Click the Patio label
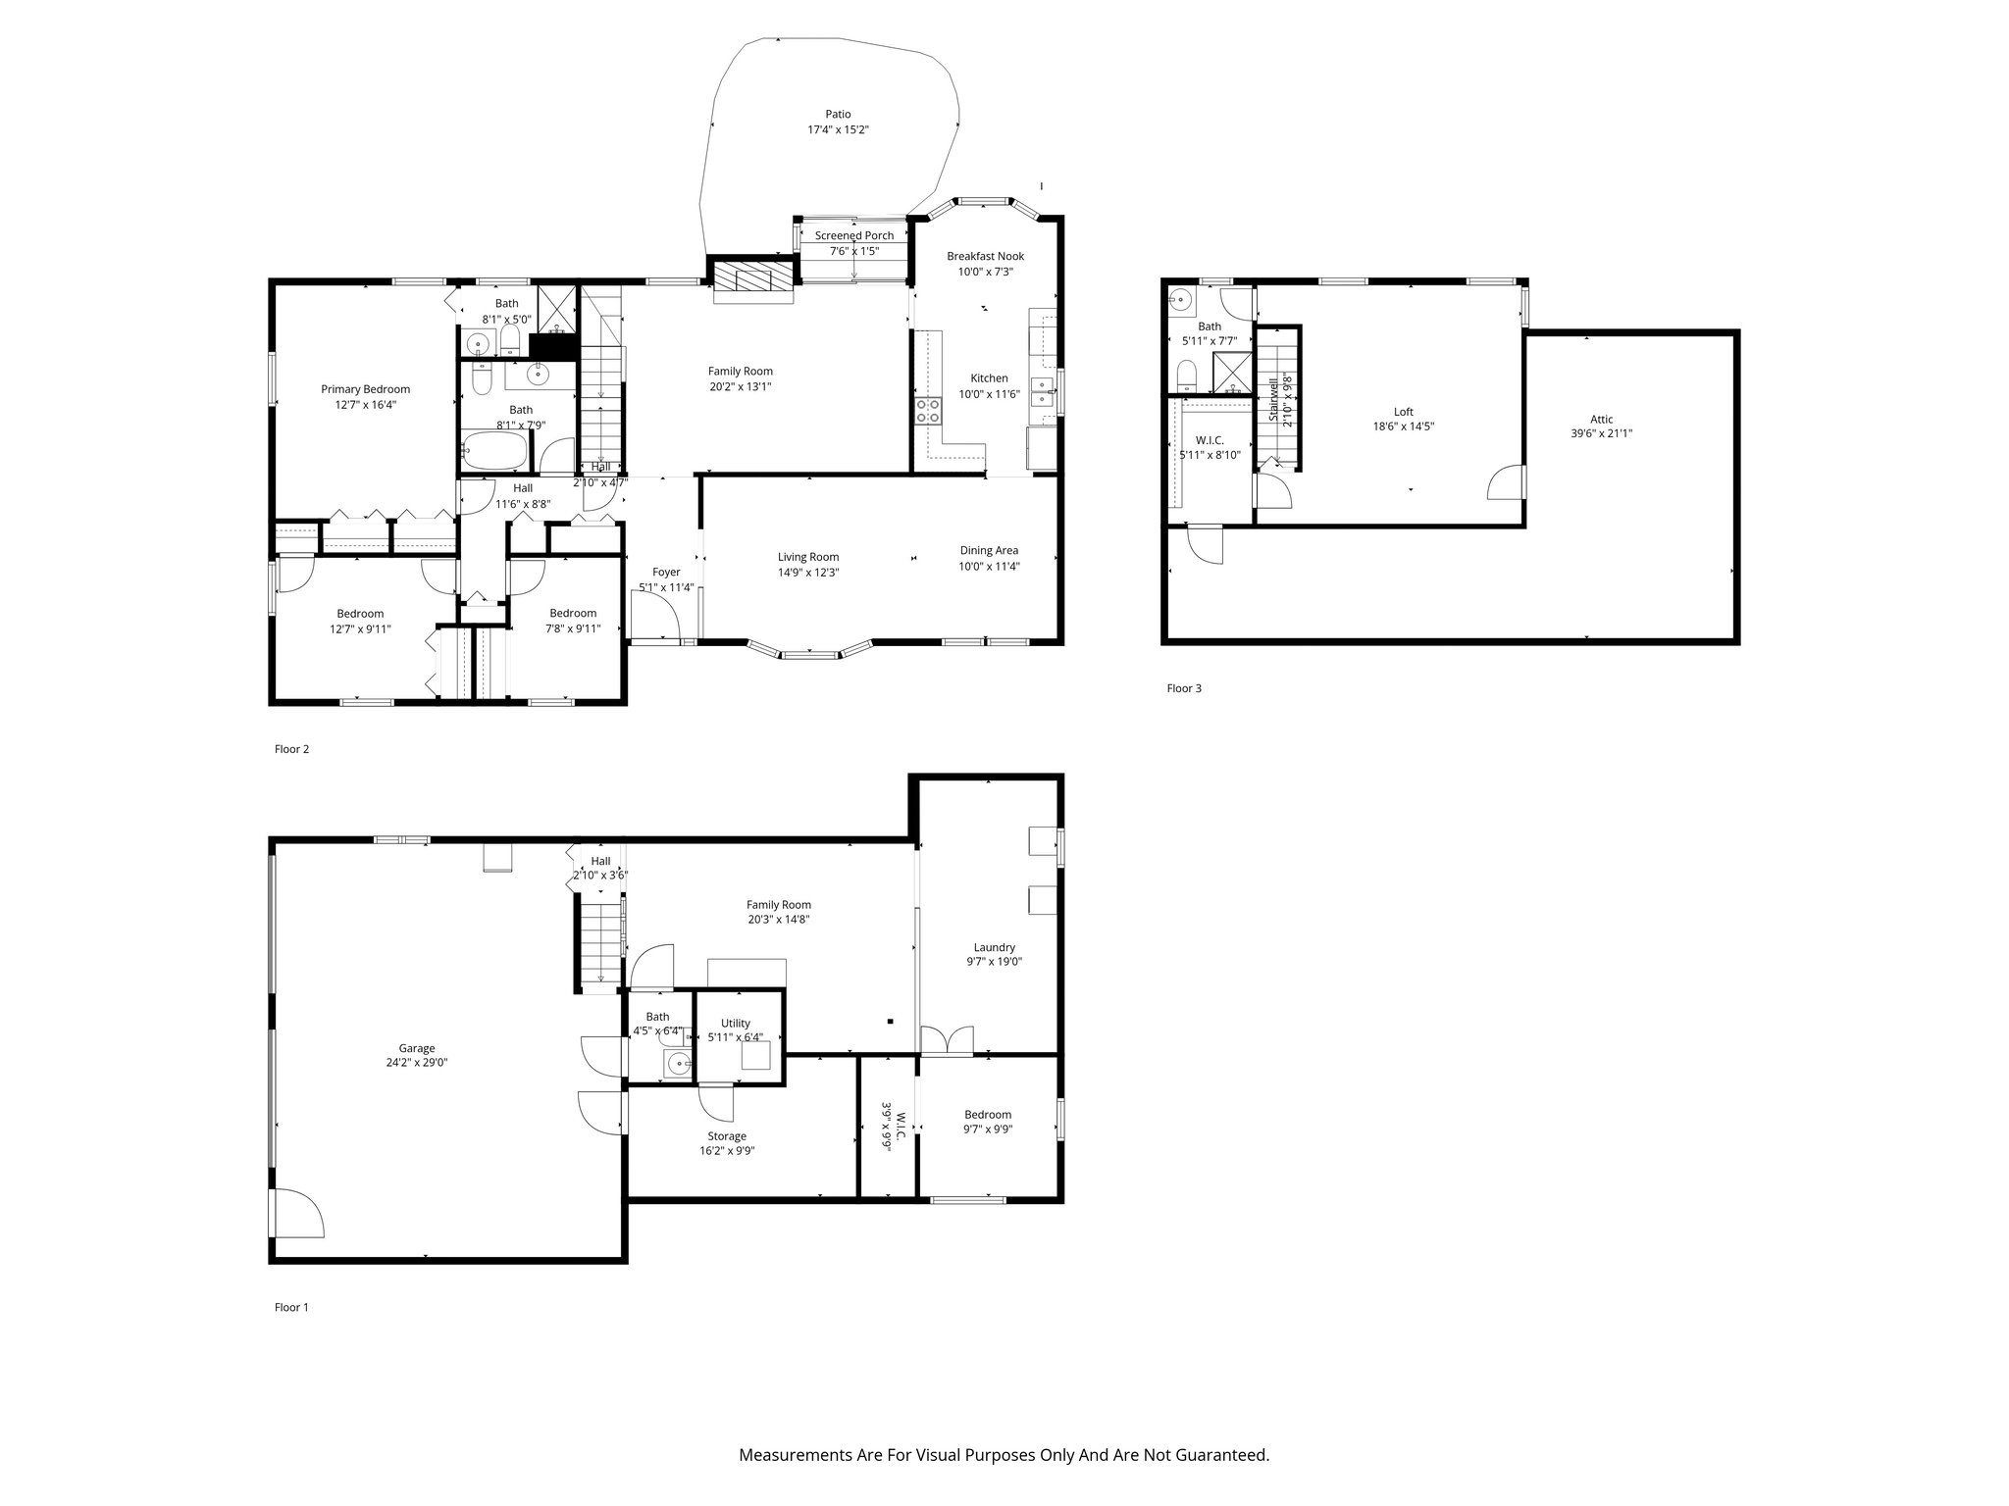(x=837, y=115)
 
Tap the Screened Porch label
(x=853, y=235)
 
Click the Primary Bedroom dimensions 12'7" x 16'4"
(x=365, y=404)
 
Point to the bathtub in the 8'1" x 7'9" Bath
(x=494, y=453)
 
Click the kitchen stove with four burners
(x=928, y=411)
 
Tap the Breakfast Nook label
(x=985, y=256)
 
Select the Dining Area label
(x=989, y=550)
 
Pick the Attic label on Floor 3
(x=1601, y=419)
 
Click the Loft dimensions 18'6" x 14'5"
(x=1403, y=427)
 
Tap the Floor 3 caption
(x=1183, y=688)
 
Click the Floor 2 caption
(x=291, y=749)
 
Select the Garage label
(x=416, y=1048)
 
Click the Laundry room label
(x=994, y=947)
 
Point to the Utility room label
(x=735, y=1023)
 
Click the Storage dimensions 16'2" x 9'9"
(x=727, y=1151)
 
